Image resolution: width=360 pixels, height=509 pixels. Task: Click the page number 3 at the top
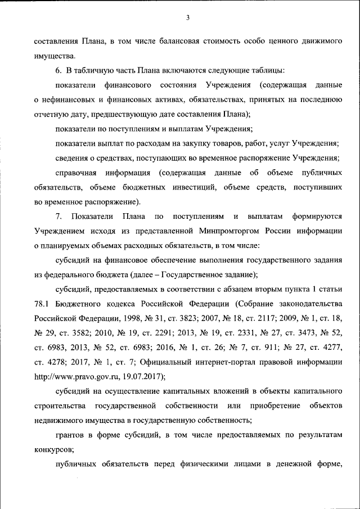coord(188,17)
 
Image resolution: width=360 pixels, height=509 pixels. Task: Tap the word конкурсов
coord(54,449)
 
